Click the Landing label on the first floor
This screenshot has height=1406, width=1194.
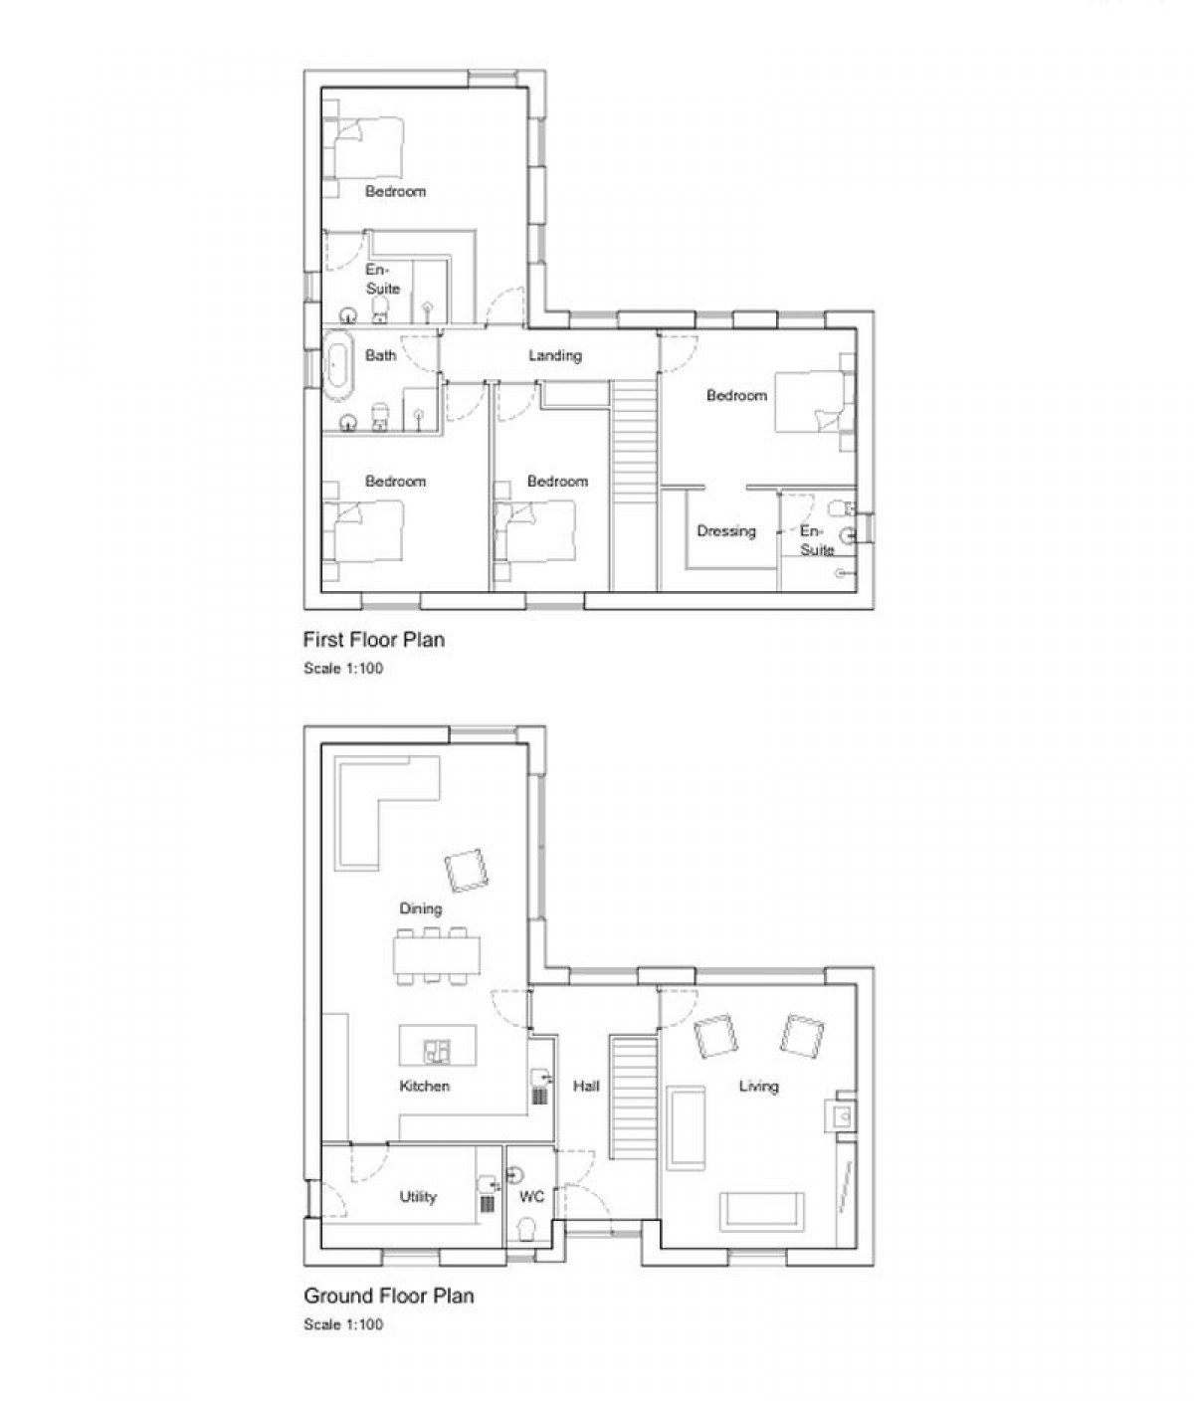(554, 355)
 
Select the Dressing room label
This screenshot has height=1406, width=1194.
(726, 531)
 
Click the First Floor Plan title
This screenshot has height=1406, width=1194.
(373, 640)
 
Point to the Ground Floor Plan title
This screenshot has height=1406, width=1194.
(388, 1296)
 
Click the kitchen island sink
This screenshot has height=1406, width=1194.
(436, 1051)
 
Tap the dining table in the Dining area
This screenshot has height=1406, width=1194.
(436, 955)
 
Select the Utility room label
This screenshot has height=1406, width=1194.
(418, 1196)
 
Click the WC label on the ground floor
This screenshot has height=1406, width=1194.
(531, 1196)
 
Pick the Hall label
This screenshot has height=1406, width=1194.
(586, 1087)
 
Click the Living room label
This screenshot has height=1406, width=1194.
(758, 1087)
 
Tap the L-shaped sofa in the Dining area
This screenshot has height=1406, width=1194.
(381, 809)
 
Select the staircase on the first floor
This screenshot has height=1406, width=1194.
(634, 486)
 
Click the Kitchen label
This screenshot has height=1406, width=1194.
(424, 1087)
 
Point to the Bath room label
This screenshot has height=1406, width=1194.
(380, 355)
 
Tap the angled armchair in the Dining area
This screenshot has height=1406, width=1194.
(468, 870)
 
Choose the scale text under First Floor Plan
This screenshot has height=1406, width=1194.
(343, 668)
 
